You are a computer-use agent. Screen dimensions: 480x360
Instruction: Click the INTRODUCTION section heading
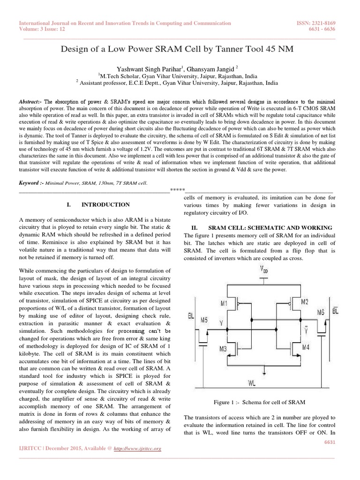point(106,205)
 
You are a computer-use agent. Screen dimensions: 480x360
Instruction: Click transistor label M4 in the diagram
point(305,347)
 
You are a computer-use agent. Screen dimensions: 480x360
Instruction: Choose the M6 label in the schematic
point(321,312)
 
